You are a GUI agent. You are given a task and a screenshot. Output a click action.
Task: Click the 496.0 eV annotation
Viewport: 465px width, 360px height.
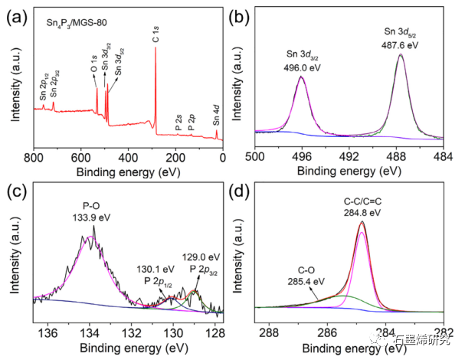pyautogui.click(x=301, y=66)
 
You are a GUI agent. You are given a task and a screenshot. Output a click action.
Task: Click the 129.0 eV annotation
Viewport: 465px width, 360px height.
pyautogui.click(x=200, y=256)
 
